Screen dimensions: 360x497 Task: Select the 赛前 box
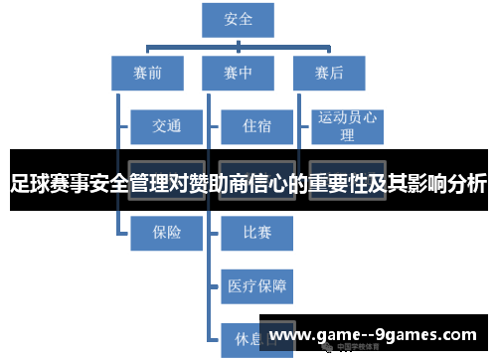tap(147, 72)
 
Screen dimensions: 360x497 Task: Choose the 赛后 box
tap(328, 72)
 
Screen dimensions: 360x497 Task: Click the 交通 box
tap(166, 126)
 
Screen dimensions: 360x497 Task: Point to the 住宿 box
tap(255, 126)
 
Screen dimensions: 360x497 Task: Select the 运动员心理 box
tap(347, 126)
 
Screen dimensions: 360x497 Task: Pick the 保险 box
tap(166, 232)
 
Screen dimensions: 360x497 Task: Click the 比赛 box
tap(255, 232)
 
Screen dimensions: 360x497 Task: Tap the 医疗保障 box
tap(255, 286)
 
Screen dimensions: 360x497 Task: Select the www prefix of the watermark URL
tap(289, 335)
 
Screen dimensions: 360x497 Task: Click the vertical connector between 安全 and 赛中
tap(238, 45)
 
